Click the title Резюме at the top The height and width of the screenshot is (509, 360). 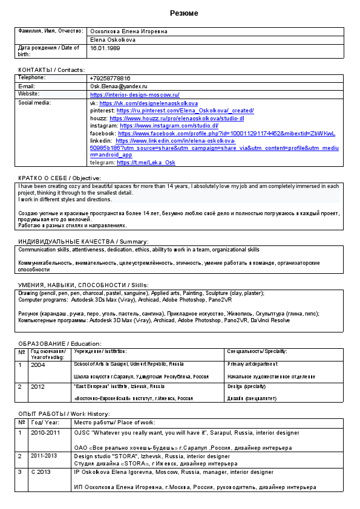183,13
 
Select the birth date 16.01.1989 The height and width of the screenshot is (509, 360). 105,48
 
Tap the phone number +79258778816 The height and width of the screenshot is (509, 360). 110,79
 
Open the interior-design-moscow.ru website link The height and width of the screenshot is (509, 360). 134,95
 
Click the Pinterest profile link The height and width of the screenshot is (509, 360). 185,111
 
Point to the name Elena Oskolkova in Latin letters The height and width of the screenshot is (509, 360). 113,39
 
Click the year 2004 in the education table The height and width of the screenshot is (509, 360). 38,365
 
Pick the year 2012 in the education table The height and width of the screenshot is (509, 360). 38,386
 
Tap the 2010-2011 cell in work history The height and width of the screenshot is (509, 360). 45,433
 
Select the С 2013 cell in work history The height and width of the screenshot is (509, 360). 41,472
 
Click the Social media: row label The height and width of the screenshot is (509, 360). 34,103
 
